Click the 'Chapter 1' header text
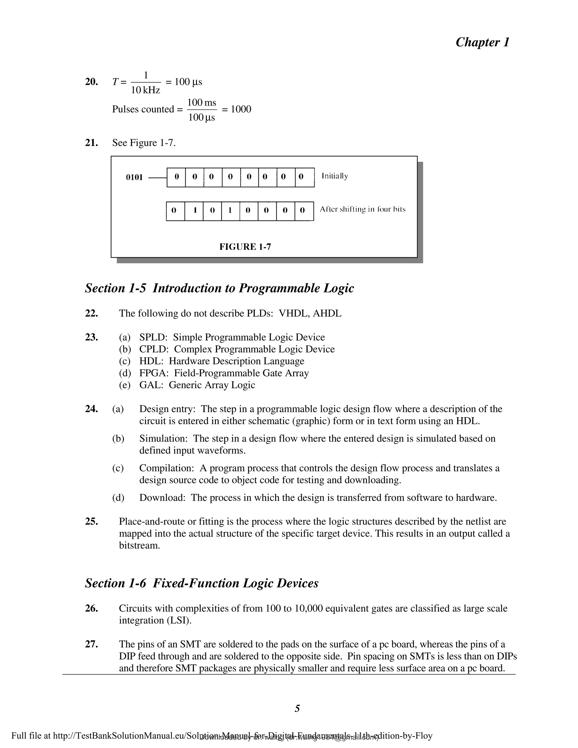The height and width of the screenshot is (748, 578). (482, 42)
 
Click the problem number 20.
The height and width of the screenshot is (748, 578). (91, 82)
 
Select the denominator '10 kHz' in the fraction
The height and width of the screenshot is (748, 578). (146, 90)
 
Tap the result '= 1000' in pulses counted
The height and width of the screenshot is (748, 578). (237, 109)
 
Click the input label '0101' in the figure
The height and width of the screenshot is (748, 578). (134, 178)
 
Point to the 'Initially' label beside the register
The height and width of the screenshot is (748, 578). (334, 176)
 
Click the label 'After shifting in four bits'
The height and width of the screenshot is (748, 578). (362, 209)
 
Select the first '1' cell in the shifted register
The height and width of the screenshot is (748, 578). (194, 210)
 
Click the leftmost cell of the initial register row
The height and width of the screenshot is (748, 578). (176, 177)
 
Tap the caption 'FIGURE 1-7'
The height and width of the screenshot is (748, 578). (245, 247)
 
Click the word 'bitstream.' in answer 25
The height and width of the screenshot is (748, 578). (139, 545)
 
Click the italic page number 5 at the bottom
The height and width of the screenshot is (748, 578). (297, 708)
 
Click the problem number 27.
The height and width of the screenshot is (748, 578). (91, 644)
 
